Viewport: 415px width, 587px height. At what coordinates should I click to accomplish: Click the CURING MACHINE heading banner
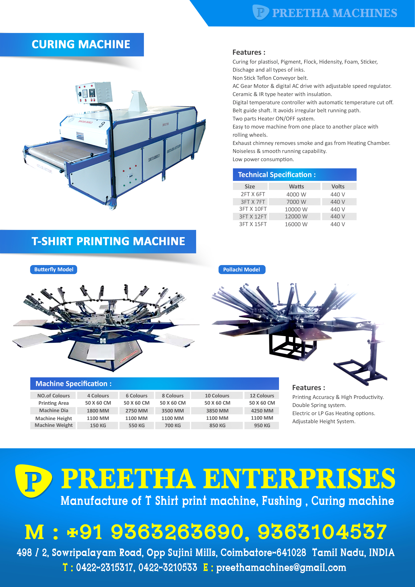(72, 45)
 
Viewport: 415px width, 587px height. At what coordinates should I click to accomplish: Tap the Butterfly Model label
(54, 269)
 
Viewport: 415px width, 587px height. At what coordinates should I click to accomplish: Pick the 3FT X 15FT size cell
(253, 224)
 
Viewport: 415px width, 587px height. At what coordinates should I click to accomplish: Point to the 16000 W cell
(296, 224)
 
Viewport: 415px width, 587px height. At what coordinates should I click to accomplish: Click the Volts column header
(338, 186)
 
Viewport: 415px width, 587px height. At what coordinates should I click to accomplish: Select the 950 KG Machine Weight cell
(262, 425)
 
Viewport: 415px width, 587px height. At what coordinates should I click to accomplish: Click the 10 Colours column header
(217, 396)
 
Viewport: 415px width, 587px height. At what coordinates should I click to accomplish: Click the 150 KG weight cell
(98, 425)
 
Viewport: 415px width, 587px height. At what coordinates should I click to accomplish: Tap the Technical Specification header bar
(295, 175)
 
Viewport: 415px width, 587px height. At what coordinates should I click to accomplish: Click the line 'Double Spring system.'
(319, 405)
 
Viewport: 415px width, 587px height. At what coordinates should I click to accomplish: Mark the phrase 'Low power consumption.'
(263, 159)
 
